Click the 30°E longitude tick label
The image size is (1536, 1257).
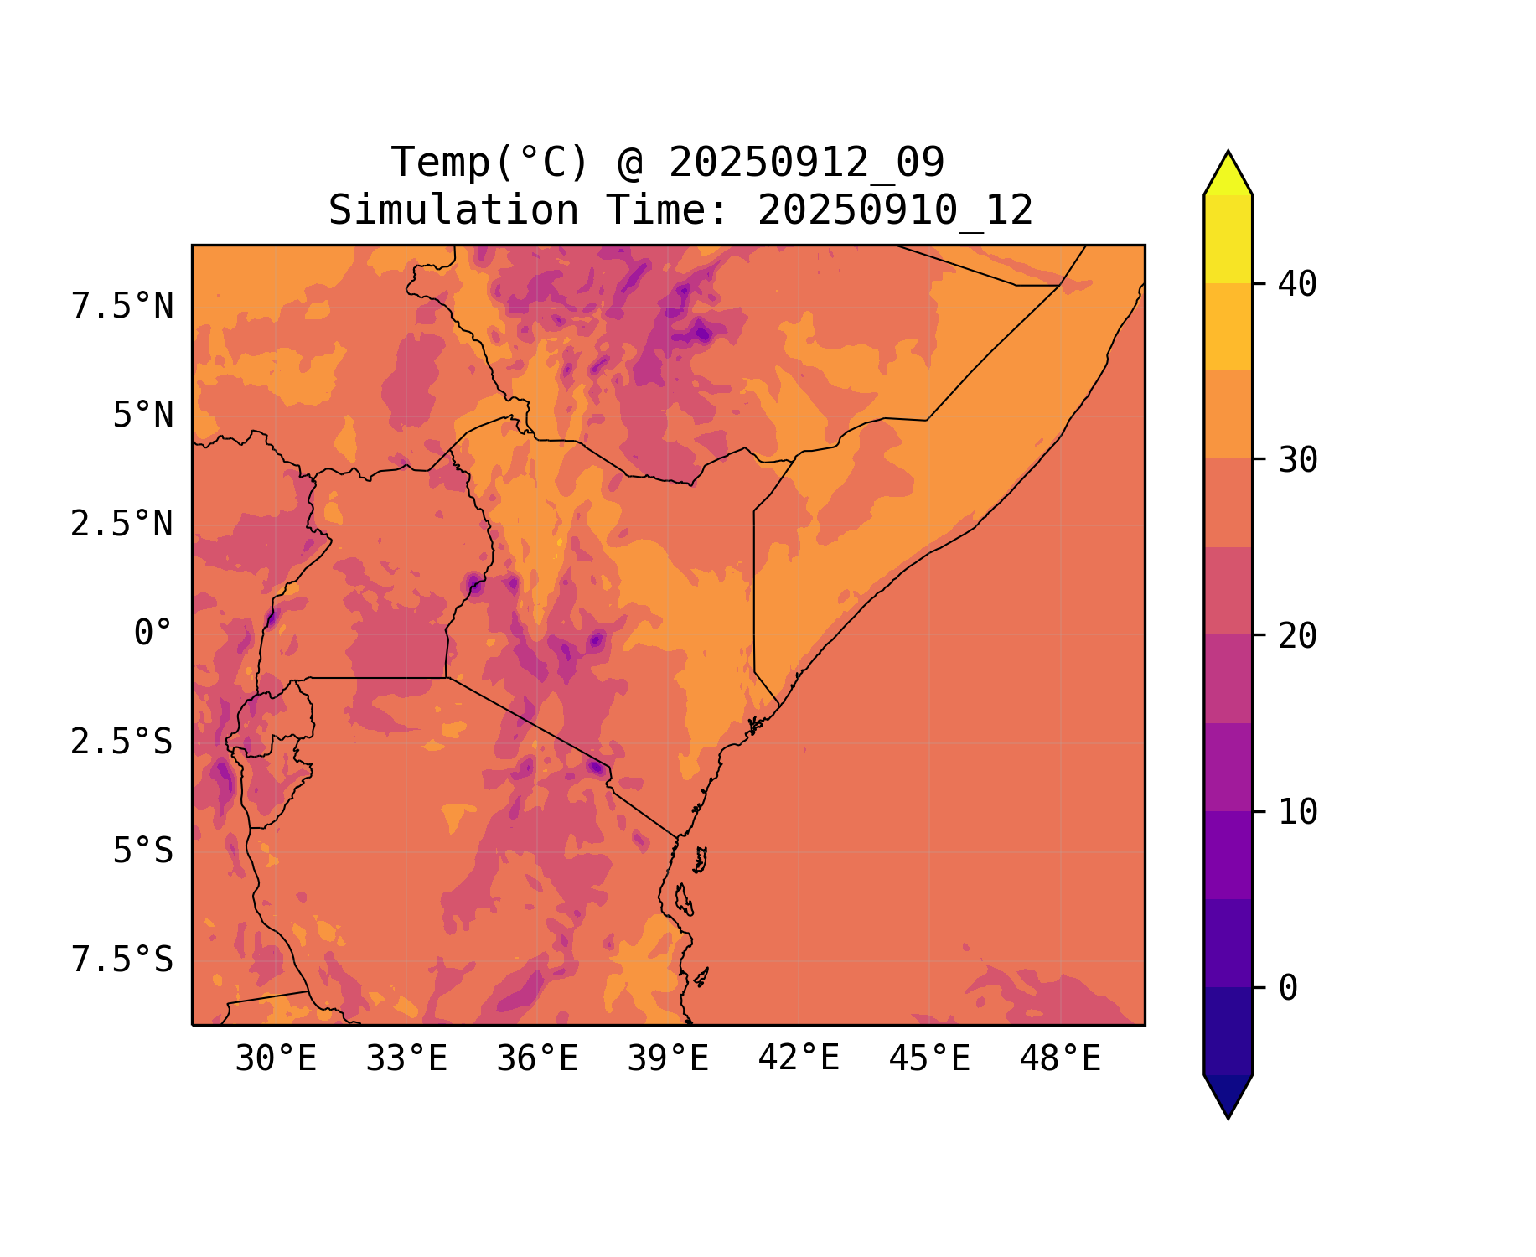276,1059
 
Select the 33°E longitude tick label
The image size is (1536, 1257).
406,1059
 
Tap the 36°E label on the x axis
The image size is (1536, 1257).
537,1059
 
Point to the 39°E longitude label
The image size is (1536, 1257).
668,1059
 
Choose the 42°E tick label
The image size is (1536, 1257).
799,1058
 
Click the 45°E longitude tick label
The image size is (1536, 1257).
929,1059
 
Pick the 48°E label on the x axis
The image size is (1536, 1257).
1060,1059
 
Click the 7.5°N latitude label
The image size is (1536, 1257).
122,307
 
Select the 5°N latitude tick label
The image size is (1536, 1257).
143,416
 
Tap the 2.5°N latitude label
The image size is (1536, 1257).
122,525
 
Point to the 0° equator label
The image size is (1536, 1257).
153,633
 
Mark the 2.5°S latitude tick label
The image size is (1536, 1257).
122,742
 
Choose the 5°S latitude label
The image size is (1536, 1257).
143,851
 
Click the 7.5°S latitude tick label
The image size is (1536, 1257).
122,960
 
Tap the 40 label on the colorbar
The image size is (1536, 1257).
1297,284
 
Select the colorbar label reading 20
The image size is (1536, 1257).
1297,636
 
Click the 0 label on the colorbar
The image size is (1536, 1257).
1288,988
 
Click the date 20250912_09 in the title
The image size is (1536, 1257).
806,163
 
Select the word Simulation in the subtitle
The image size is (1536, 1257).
453,210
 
